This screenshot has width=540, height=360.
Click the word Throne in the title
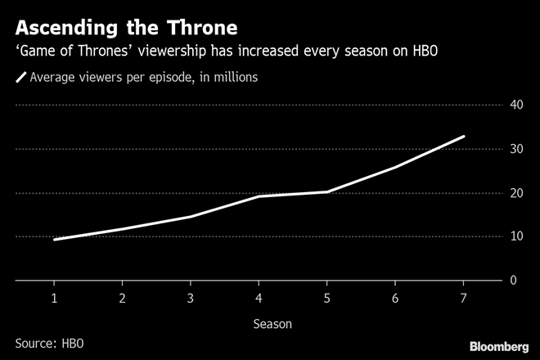(192, 27)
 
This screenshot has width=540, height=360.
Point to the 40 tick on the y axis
(517, 105)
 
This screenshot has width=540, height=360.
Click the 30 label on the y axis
(517, 149)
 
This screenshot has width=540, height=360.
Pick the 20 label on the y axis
(517, 193)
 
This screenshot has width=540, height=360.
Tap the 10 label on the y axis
(517, 236)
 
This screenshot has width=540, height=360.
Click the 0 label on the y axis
(513, 281)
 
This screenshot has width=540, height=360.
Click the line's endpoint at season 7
(464, 137)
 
